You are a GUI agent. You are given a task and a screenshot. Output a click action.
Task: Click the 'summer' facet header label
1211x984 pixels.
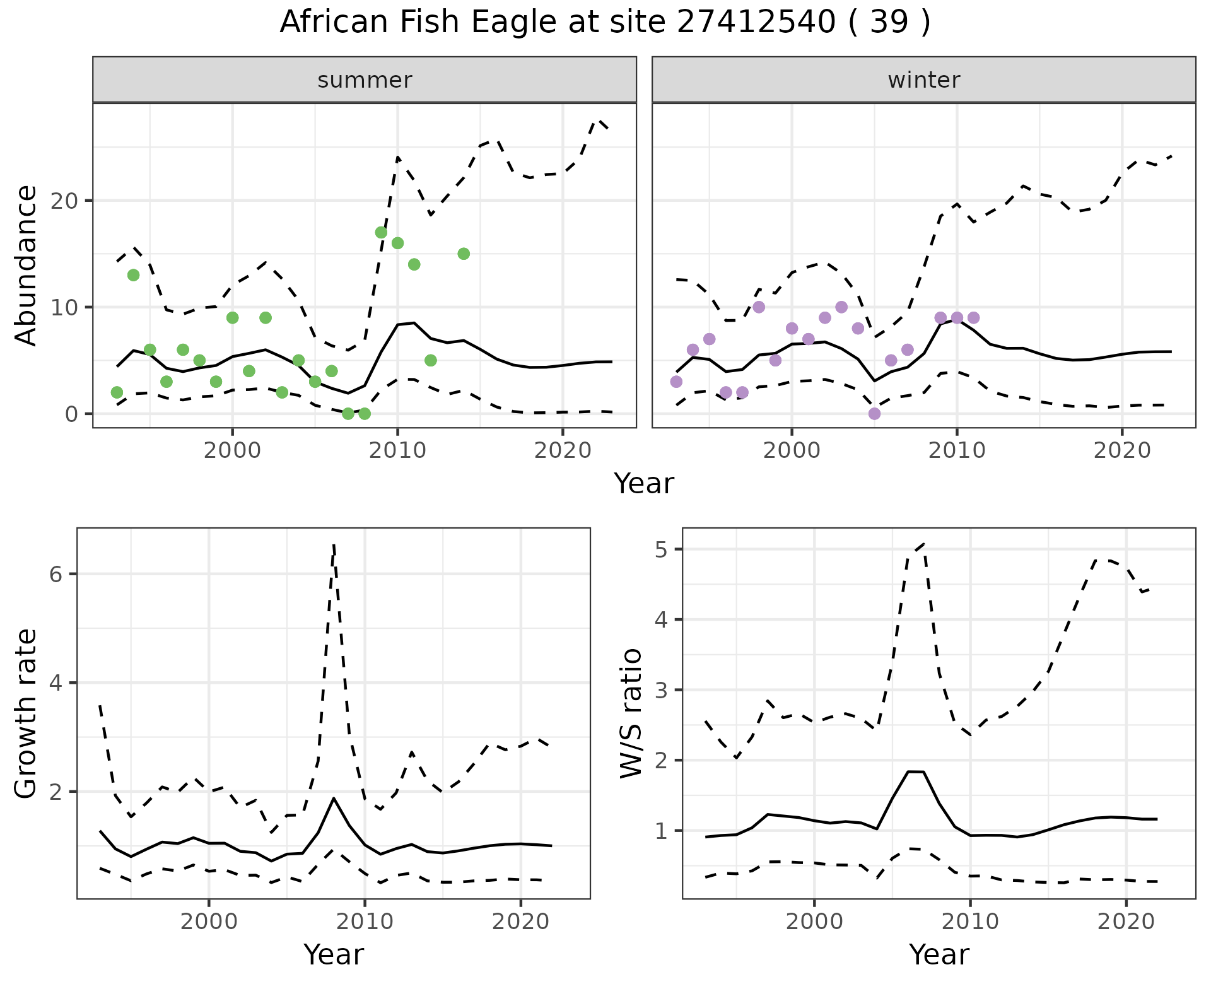(x=365, y=80)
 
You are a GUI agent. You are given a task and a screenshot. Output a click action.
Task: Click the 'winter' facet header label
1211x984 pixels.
(x=923, y=80)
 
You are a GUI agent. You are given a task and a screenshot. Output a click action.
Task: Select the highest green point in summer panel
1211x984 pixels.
(x=381, y=233)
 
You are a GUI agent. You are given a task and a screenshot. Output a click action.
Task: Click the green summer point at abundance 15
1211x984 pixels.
(x=464, y=254)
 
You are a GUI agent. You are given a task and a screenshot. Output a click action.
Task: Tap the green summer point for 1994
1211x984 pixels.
(x=133, y=275)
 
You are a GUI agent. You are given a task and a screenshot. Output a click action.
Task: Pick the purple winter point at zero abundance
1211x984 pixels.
(x=874, y=414)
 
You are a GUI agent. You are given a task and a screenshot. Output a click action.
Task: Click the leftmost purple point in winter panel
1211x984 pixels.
(x=676, y=382)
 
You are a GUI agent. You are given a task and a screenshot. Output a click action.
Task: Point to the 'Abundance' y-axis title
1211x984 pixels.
(x=26, y=266)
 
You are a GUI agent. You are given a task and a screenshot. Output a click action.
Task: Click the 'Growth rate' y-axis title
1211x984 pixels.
(x=26, y=713)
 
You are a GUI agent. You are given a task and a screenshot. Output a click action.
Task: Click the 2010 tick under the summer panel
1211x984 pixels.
(x=397, y=450)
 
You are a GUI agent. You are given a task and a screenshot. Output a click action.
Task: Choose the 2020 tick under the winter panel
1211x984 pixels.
(x=1121, y=450)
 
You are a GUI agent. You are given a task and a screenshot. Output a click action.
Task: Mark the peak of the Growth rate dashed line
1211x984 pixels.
(x=334, y=544)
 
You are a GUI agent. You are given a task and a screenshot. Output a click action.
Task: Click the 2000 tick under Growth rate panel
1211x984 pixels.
(x=209, y=922)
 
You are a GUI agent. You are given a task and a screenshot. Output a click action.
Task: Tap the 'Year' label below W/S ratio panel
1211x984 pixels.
(x=939, y=954)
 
